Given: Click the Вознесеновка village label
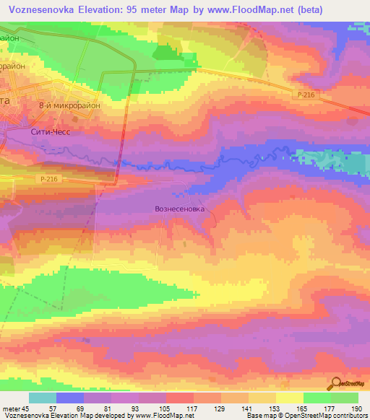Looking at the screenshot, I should pyautogui.click(x=180, y=209).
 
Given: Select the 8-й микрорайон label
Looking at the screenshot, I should pyautogui.click(x=69, y=105).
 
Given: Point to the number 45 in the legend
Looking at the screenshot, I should pyautogui.click(x=25, y=408).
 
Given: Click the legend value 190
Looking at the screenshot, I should pyautogui.click(x=357, y=408).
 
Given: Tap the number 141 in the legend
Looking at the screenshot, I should pyautogui.click(x=248, y=408).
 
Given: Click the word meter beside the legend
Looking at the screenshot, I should pyautogui.click(x=10, y=408).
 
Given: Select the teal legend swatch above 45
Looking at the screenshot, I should pyautogui.click(x=42, y=398).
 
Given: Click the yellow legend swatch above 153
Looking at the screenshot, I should pyautogui.click(x=261, y=398).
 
